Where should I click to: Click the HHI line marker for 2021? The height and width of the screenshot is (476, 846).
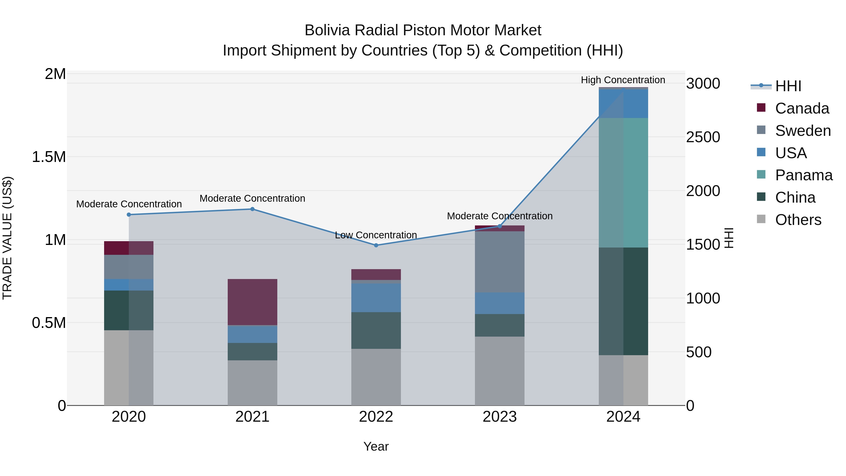point(252,209)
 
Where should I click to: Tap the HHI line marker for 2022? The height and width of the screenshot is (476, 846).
point(376,245)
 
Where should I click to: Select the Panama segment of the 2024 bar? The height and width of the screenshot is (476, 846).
point(623,183)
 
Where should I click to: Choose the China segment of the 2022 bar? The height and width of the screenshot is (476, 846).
point(376,330)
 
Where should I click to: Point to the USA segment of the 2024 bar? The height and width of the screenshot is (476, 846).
point(623,103)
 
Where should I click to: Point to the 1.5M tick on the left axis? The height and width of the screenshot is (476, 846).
point(49,157)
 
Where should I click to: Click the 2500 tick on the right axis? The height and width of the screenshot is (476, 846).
point(703,137)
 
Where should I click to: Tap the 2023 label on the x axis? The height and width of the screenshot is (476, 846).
point(500,417)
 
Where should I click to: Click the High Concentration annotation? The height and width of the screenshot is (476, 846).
point(623,80)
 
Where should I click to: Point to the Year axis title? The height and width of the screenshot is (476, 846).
point(376,446)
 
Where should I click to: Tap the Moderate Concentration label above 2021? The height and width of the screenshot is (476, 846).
point(252,198)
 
